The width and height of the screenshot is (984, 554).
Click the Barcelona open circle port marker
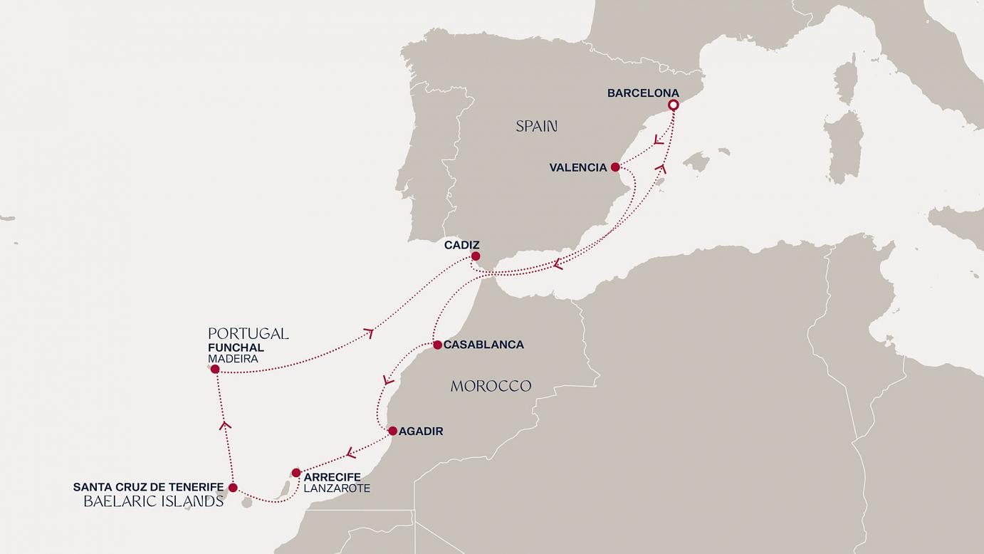(x=673, y=105)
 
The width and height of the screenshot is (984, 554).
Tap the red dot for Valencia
(x=615, y=168)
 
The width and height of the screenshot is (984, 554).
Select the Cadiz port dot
(x=476, y=256)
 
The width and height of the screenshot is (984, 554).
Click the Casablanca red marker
(x=437, y=345)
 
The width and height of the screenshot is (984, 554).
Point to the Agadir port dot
(x=392, y=431)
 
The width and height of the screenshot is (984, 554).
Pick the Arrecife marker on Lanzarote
(x=296, y=472)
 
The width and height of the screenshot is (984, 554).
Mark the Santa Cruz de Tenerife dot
(x=233, y=488)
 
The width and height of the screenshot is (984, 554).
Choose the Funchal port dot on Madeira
(x=215, y=369)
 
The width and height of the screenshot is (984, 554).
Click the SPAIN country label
(x=537, y=127)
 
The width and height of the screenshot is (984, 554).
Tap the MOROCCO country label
(x=491, y=386)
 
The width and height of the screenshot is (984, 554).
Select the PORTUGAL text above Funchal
(x=248, y=333)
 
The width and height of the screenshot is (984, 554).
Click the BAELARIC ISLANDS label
(x=154, y=501)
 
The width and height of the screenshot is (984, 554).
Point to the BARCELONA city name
(x=643, y=93)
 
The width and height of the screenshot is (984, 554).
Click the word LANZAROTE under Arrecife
(x=337, y=488)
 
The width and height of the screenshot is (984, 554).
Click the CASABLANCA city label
(x=483, y=345)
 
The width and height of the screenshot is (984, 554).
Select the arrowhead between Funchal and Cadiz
(x=369, y=333)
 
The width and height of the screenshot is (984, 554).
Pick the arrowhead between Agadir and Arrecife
(x=349, y=452)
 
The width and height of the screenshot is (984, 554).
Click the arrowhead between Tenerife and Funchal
(x=226, y=425)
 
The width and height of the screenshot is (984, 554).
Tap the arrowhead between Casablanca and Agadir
(x=388, y=380)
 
